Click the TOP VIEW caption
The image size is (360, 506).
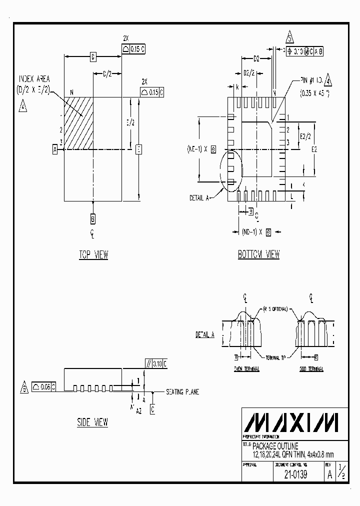tap(93, 255)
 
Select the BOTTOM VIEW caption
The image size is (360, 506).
tap(258, 254)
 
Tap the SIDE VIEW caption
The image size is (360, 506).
tap(92, 422)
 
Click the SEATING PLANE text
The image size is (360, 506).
tap(182, 392)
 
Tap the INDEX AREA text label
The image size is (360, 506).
tap(34, 79)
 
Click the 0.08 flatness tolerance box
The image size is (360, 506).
tap(43, 386)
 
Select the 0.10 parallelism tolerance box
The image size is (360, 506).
tap(156, 363)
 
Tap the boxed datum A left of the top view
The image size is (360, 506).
tap(54, 148)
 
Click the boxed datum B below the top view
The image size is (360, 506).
tap(93, 218)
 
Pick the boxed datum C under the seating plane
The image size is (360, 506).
tap(152, 409)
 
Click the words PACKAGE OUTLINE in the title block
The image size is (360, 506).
tap(275, 445)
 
